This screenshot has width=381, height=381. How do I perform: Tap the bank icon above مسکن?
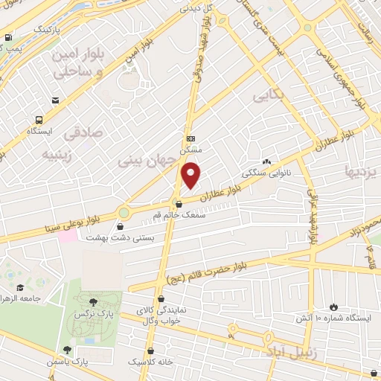(x=191, y=139)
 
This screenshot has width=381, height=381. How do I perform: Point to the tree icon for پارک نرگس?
(x=92, y=302)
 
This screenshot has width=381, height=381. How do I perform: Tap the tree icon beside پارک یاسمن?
(x=68, y=349)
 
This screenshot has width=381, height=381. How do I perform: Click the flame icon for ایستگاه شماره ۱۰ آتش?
(x=333, y=306)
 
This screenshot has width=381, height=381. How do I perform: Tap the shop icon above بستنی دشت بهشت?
(x=121, y=225)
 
